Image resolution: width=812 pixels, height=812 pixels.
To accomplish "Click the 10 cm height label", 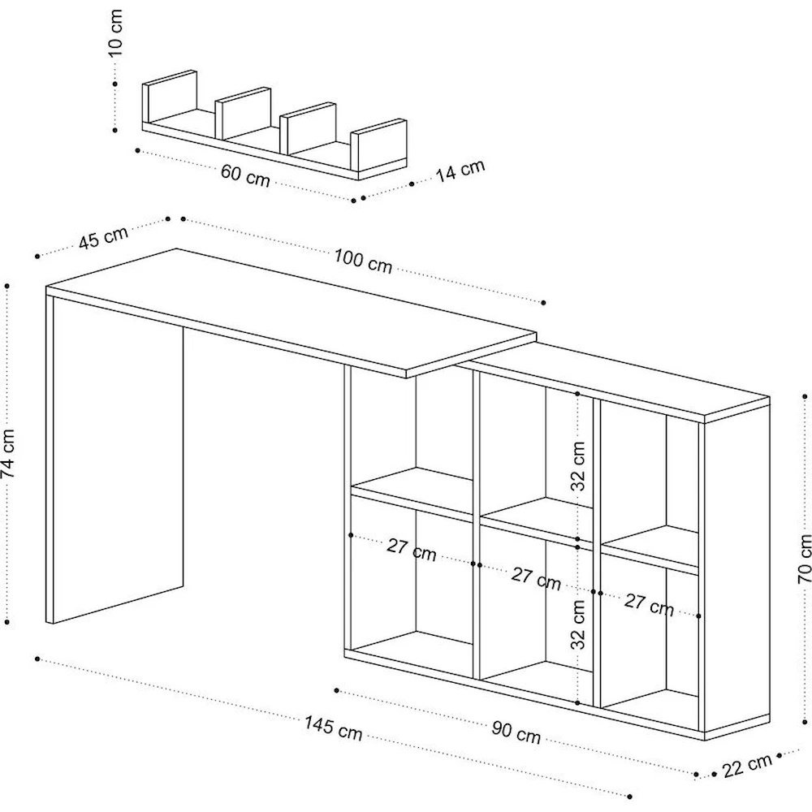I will pyautogui.click(x=117, y=33).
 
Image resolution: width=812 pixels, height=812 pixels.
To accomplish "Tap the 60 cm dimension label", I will pyautogui.click(x=244, y=174).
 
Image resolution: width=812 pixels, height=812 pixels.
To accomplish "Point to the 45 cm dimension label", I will pyautogui.click(x=104, y=237).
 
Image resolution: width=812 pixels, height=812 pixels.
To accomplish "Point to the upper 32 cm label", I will pyautogui.click(x=578, y=466).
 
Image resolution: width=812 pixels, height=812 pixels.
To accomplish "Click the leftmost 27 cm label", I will pyautogui.click(x=411, y=550).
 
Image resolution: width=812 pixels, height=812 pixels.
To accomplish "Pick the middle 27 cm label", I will pyautogui.click(x=536, y=578).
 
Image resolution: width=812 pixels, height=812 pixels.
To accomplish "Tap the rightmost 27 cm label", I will pyautogui.click(x=649, y=603).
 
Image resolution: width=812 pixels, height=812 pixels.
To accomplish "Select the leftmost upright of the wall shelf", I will pyautogui.click(x=170, y=97).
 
